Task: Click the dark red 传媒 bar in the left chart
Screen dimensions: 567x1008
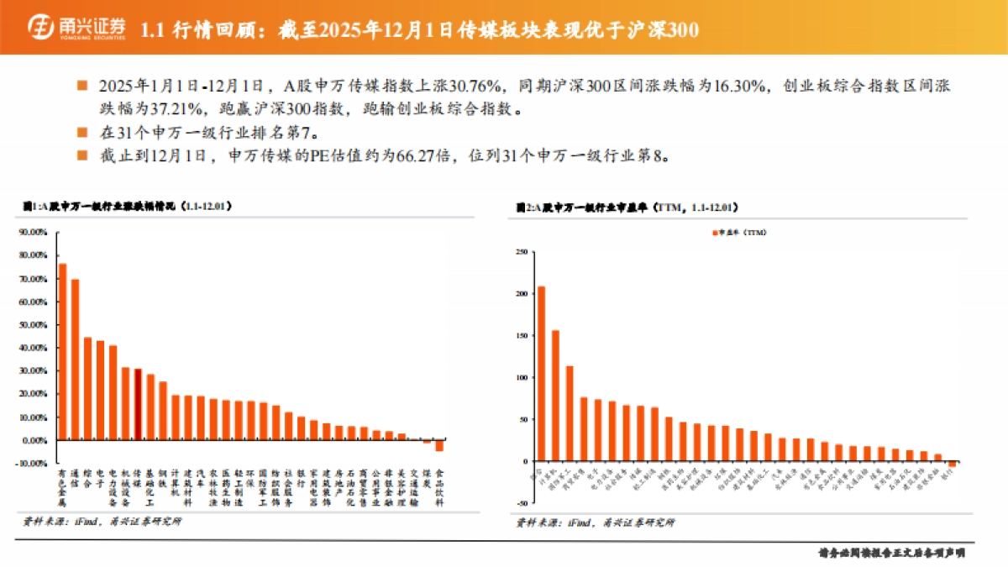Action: pos(137,404)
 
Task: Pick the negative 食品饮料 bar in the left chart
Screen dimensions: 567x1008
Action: pos(438,445)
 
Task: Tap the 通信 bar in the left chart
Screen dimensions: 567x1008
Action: pos(75,359)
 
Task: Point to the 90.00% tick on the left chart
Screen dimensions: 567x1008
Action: pos(34,232)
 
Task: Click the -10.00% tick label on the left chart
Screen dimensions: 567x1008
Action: pos(33,464)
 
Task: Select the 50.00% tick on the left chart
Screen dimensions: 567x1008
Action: pos(34,324)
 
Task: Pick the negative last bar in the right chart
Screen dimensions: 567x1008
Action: pos(952,464)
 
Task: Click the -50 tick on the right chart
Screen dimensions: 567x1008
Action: pos(520,504)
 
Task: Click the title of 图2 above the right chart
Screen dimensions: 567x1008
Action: pos(627,206)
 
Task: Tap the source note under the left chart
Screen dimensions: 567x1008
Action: pos(101,522)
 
